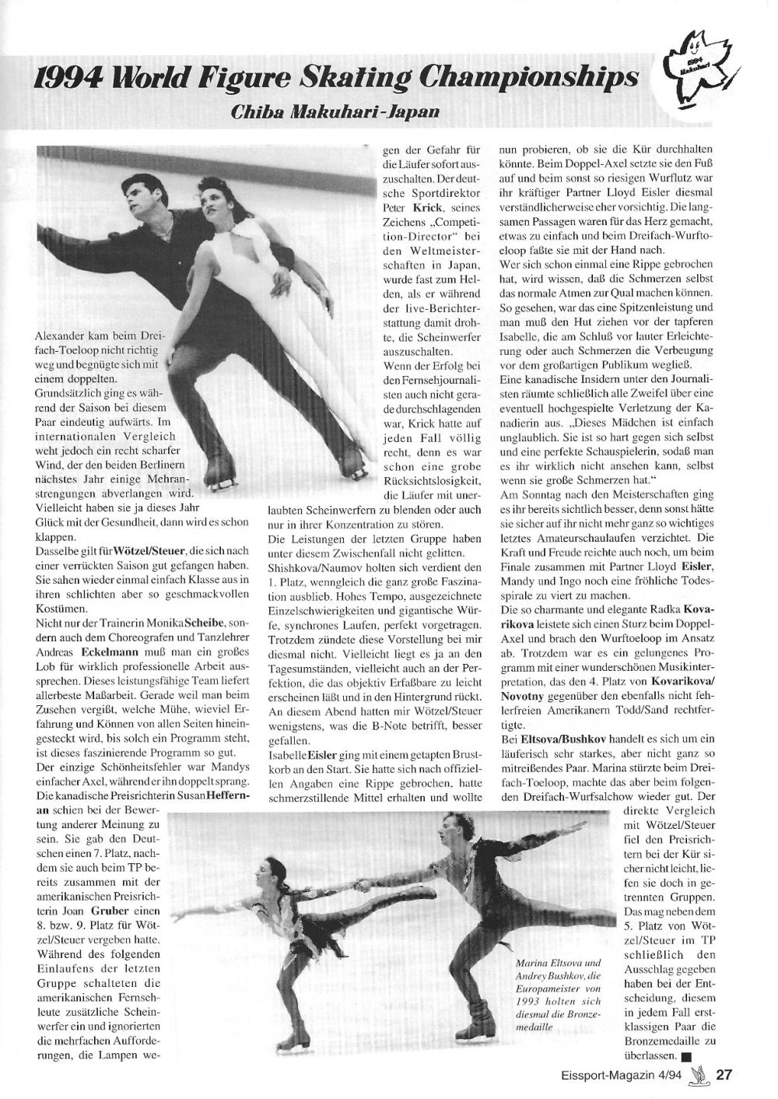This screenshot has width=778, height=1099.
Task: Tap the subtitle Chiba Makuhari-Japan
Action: point(335,111)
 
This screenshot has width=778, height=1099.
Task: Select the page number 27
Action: point(724,1076)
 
